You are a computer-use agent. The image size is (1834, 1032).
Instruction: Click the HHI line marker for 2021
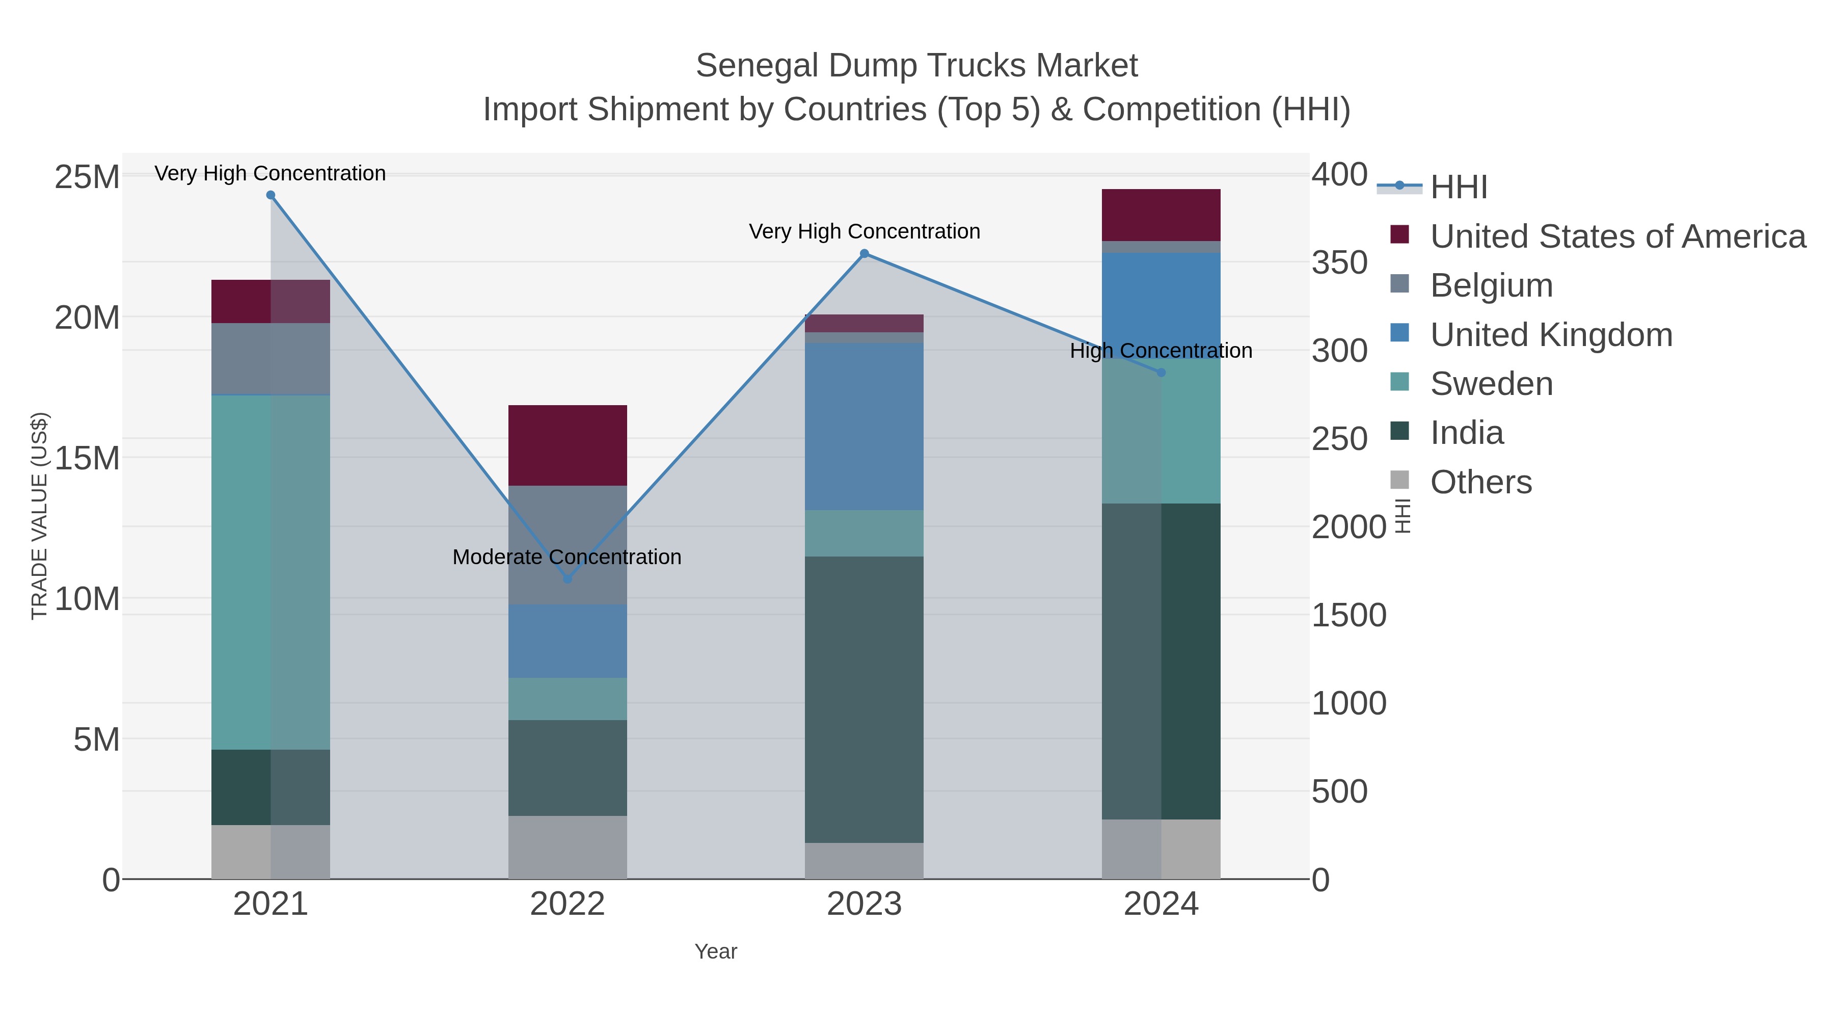(x=271, y=195)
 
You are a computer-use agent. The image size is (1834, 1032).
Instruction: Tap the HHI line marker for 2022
(x=568, y=579)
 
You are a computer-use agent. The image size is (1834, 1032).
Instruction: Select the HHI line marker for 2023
(x=865, y=254)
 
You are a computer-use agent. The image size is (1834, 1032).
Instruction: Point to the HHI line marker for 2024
(x=1161, y=373)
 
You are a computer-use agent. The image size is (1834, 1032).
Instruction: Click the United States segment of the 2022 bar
(x=568, y=445)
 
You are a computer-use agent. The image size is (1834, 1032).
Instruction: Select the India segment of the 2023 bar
(x=865, y=699)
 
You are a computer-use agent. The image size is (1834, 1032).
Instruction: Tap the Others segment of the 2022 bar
(x=568, y=847)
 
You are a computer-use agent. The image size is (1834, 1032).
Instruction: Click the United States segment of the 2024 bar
(x=1161, y=215)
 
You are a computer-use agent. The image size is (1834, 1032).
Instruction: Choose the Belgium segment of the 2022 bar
(x=568, y=527)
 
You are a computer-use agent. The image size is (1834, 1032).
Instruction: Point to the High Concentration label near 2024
(x=1161, y=351)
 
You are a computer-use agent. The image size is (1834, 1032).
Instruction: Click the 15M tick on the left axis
(x=87, y=458)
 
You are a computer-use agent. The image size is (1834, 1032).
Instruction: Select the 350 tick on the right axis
(x=1339, y=263)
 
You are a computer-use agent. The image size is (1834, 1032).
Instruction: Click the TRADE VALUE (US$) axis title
(x=40, y=516)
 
